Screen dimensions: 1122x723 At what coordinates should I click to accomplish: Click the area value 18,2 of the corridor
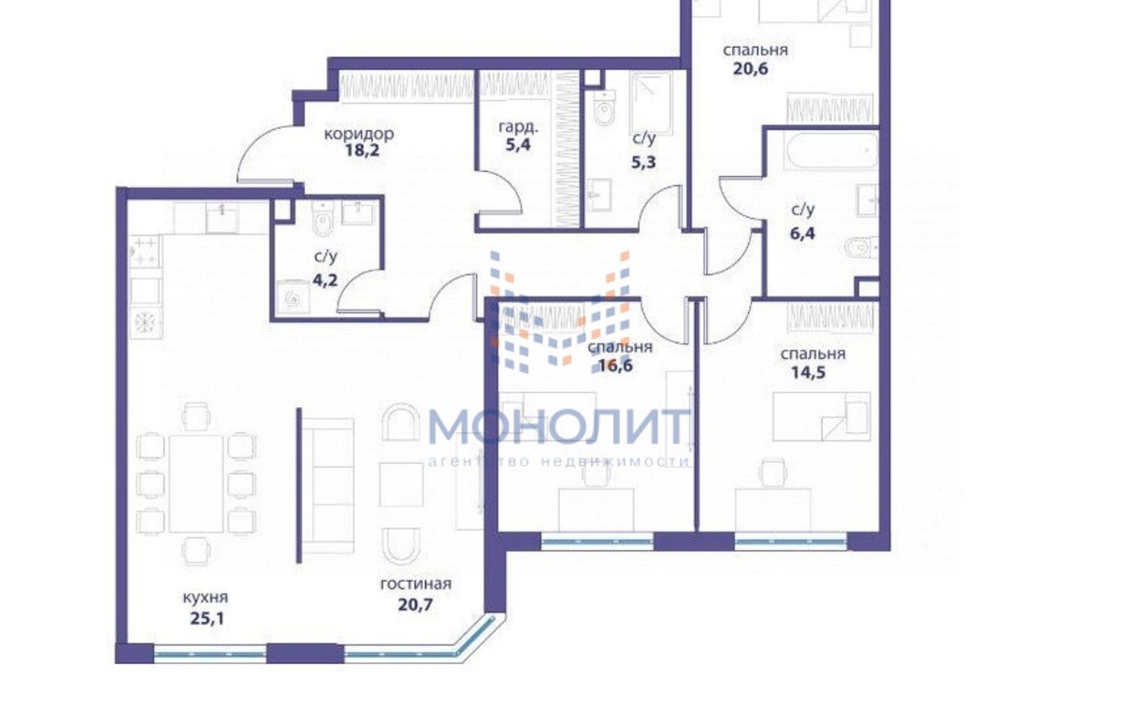click(363, 151)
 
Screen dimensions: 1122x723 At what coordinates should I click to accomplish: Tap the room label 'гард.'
click(518, 128)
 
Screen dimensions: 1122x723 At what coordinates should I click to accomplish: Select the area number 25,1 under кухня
click(208, 618)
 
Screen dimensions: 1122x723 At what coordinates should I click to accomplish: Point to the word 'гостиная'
click(416, 584)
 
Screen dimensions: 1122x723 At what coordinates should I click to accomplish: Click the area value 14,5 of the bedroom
click(809, 373)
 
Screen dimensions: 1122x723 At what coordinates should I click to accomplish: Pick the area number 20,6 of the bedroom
click(751, 68)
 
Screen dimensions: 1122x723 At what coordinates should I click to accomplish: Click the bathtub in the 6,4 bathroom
click(831, 151)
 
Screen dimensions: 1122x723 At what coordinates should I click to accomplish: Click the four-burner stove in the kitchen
click(145, 252)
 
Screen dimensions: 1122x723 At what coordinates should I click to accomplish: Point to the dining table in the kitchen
click(195, 484)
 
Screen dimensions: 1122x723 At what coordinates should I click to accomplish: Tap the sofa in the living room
click(328, 486)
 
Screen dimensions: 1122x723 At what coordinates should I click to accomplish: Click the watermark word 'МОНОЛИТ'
click(559, 427)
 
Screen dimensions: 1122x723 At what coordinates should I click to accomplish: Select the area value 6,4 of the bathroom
click(803, 233)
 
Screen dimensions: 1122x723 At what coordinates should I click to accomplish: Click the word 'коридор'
click(359, 134)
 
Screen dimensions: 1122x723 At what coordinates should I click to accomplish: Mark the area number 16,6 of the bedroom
click(615, 366)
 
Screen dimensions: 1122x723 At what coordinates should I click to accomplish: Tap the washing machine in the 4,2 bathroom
click(293, 298)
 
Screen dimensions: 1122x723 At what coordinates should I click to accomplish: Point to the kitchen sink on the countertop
click(222, 218)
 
